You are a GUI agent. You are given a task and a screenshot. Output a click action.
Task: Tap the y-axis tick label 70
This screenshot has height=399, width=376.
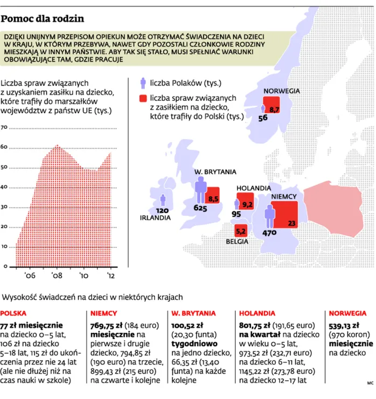pos(4,128)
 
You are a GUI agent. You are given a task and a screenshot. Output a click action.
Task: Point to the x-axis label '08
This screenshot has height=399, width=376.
pos(57,276)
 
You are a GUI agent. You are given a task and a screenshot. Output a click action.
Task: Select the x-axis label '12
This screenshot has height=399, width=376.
pos(110,276)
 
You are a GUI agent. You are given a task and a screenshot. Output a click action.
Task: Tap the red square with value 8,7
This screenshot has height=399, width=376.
pos(272,107)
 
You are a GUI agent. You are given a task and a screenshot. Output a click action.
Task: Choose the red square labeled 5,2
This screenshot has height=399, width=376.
pos(241,231)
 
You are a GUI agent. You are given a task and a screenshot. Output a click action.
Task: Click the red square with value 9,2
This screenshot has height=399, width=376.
pos(247,203)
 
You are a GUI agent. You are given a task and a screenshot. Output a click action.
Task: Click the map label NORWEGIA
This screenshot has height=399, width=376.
pos(281,92)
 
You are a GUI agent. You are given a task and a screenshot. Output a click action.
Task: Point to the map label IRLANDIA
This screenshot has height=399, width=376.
pos(155,218)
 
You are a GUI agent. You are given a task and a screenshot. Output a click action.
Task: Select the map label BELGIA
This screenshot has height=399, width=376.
pos(238,242)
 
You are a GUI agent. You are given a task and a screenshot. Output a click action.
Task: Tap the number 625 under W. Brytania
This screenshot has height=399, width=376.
pos(200,208)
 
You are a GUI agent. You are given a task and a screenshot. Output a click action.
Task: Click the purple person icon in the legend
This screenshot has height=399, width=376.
pos(143,82)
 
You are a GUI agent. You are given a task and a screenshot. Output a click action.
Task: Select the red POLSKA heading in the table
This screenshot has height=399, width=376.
pos(13,313)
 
